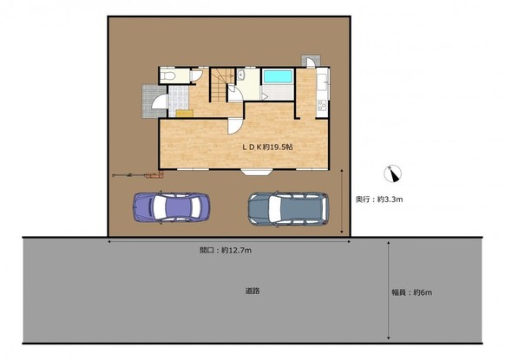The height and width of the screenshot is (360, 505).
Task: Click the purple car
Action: [171, 207]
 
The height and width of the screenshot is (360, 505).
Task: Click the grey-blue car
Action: [289, 209]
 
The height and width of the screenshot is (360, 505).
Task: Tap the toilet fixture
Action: [167, 76]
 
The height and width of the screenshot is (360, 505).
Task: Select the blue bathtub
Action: [278, 76]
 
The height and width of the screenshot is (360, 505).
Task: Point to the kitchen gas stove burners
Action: [322, 105]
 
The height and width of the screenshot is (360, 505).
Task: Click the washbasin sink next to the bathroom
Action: [240, 75]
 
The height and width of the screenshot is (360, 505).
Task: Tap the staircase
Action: [222, 84]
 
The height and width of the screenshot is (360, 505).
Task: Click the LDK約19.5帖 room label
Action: [267, 147]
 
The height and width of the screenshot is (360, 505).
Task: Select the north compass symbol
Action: [393, 173]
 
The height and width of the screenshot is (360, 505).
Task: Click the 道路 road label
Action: [252, 291]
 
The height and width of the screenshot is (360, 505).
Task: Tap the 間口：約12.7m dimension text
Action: [226, 250]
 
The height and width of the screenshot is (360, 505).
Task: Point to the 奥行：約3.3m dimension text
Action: [379, 200]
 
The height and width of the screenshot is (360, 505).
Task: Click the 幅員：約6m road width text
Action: [412, 292]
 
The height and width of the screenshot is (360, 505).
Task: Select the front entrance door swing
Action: [160, 101]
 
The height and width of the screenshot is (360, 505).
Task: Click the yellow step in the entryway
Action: [185, 114]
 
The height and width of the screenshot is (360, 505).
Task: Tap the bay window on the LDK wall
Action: [257, 172]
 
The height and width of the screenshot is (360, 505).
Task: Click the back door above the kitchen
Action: [311, 62]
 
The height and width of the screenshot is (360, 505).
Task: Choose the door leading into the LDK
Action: [234, 127]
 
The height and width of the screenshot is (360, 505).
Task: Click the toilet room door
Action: [196, 75]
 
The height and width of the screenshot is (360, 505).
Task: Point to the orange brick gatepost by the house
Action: [154, 175]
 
